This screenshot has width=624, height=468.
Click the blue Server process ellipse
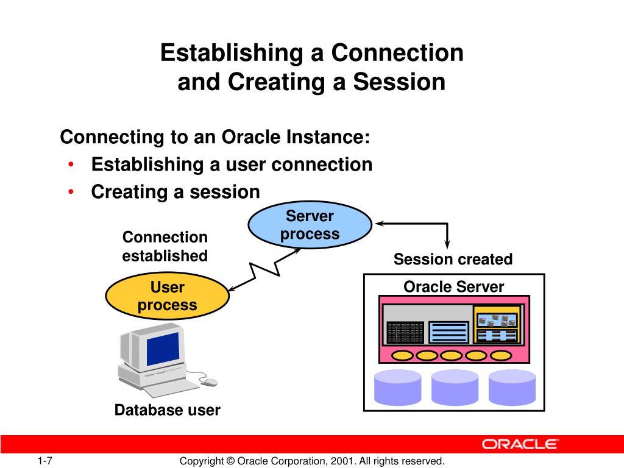point(310,225)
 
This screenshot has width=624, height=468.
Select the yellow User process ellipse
point(167,296)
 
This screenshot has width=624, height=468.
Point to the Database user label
point(167,410)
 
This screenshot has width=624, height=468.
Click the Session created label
point(453,260)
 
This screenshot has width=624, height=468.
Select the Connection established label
point(165,246)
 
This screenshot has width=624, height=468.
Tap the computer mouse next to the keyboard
point(209,382)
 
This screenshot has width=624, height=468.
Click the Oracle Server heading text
point(454,287)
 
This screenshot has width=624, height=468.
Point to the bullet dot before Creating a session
point(71,192)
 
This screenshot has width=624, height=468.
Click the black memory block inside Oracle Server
point(405,332)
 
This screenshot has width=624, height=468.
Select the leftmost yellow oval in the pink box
point(400,355)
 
